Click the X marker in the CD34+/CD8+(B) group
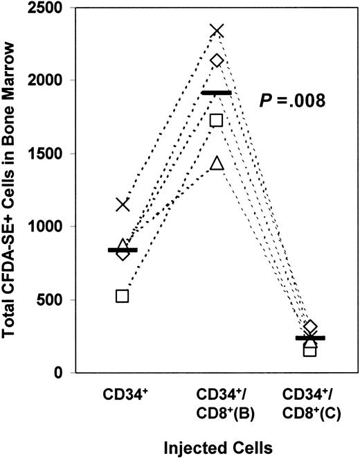(x=217, y=30)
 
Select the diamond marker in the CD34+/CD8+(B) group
(x=217, y=61)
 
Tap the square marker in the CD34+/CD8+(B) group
(x=216, y=120)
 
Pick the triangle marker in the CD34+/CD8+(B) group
(x=217, y=164)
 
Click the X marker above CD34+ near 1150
(x=123, y=204)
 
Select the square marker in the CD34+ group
(x=123, y=296)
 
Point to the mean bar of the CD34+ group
(x=123, y=250)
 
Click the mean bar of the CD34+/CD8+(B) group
(x=216, y=92)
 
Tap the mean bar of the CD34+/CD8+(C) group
(x=310, y=338)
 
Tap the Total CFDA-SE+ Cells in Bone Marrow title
(x=12, y=189)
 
